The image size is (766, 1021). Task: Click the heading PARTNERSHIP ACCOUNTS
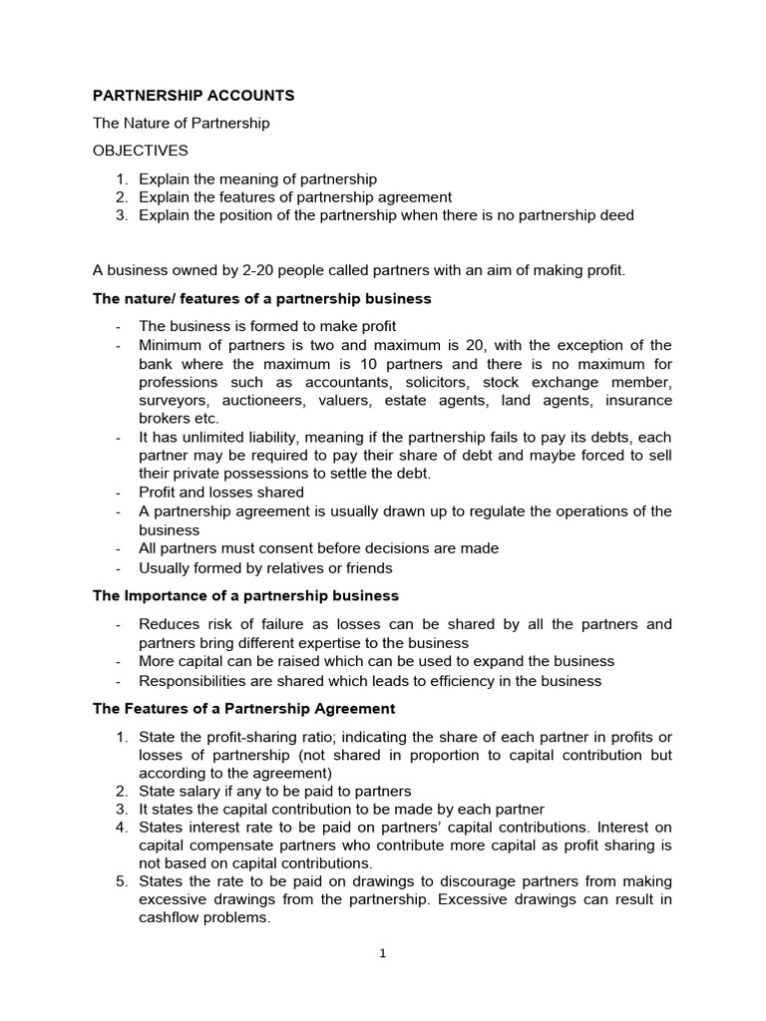[193, 96]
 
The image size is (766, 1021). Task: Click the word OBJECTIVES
[140, 151]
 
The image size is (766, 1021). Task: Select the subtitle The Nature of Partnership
[181, 124]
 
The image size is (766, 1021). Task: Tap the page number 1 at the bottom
[382, 953]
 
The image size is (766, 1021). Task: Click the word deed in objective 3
[615, 215]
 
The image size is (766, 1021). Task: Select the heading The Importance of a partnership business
[245, 596]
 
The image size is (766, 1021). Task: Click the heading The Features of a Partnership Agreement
[243, 709]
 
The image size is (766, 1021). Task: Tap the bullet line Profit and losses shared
[221, 493]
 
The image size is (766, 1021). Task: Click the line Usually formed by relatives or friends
[265, 568]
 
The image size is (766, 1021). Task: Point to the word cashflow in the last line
[171, 919]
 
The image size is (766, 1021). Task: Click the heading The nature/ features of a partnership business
[261, 298]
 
